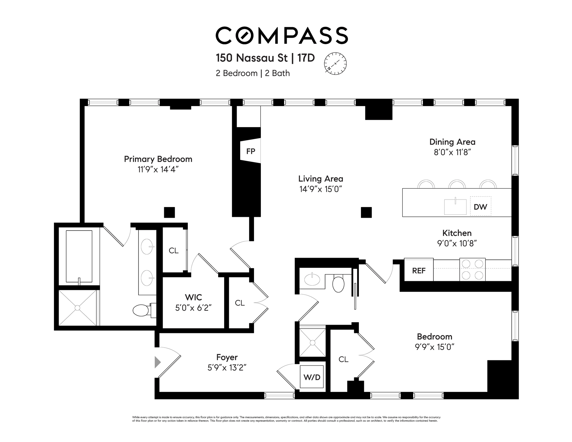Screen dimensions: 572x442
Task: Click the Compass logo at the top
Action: [282, 35]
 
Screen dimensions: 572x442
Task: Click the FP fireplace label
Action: [251, 151]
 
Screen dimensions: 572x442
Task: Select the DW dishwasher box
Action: [480, 206]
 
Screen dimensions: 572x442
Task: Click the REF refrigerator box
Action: [418, 270]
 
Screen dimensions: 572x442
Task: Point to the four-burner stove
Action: [472, 270]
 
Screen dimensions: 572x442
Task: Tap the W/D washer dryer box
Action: [312, 377]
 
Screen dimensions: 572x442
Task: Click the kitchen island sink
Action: [455, 207]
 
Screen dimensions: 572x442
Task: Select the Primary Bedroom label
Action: [158, 159]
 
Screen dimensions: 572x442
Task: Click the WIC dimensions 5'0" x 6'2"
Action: [193, 308]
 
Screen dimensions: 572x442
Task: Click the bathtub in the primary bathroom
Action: [79, 256]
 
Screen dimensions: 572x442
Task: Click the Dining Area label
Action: [452, 142]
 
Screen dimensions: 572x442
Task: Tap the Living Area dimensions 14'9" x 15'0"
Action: [321, 189]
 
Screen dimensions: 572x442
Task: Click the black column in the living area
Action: [366, 212]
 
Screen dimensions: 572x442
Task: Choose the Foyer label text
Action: [227, 357]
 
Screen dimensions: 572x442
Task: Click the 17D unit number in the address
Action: [306, 58]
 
